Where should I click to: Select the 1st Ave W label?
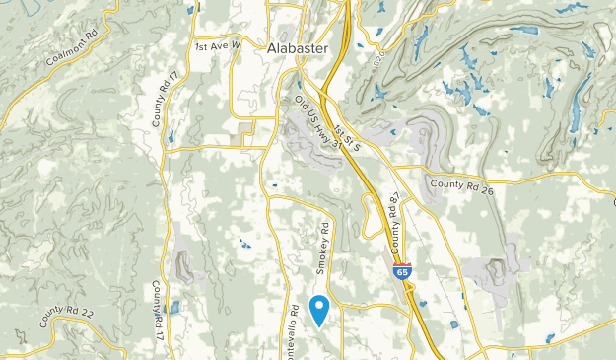pyautogui.click(x=218, y=46)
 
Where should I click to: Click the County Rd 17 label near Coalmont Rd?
pyautogui.click(x=161, y=99)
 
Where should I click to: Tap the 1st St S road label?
pyautogui.click(x=348, y=136)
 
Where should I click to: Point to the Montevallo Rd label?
pyautogui.click(x=293, y=330)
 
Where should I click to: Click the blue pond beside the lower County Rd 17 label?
pyautogui.click(x=174, y=307)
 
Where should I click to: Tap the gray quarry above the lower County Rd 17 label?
pyautogui.click(x=183, y=263)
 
